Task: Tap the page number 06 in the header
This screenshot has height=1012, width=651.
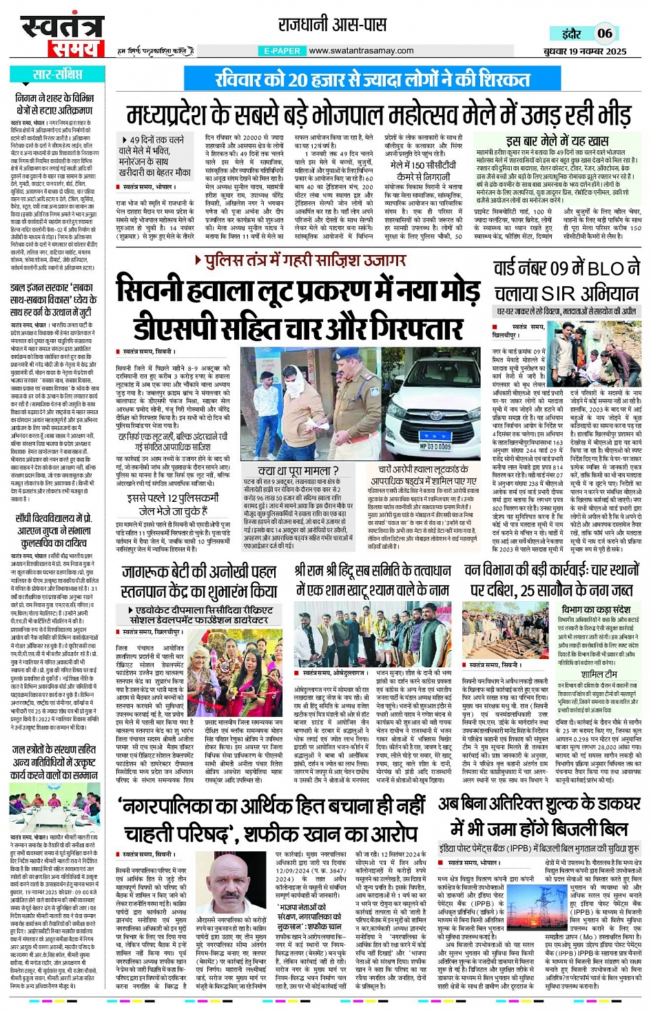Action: click(x=604, y=33)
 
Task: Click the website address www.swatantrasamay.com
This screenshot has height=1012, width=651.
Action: click(x=362, y=50)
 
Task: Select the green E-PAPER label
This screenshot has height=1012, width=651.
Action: click(x=282, y=51)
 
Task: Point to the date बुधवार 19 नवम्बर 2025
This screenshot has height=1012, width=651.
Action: click(x=585, y=51)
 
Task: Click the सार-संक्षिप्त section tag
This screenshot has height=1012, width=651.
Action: click(x=56, y=74)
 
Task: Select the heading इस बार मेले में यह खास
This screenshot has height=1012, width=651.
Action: click(x=557, y=141)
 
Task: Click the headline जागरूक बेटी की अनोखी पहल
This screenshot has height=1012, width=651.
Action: click(x=198, y=572)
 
